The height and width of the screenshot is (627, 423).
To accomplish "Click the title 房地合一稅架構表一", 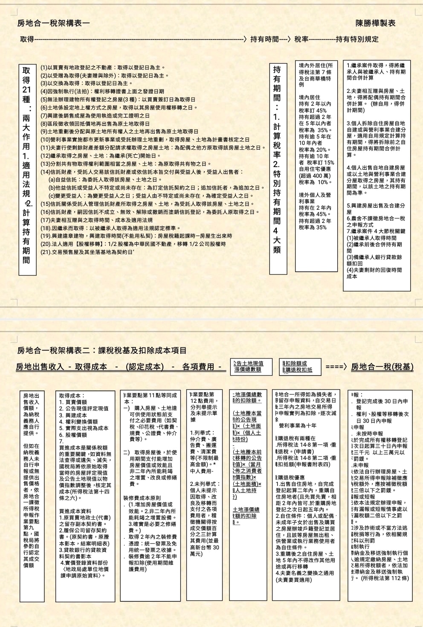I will coord(53,23).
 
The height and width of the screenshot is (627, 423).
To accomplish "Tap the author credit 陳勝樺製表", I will coord(375,23).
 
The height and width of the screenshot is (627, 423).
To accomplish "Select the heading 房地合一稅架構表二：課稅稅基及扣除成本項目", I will coord(102,350).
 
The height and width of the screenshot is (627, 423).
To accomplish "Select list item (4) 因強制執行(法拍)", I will coord(102,91).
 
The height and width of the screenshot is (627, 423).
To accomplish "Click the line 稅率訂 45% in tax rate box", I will coord(313,110).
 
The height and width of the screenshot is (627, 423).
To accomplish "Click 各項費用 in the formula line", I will coord(199,367).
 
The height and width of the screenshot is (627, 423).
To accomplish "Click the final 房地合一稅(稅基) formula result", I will coord(382,367).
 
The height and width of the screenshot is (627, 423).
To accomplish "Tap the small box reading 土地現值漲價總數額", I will coord(249,366).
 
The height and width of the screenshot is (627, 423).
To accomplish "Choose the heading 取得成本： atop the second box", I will coord(72,396).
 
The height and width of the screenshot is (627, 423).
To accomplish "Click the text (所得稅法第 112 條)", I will coord(385,578).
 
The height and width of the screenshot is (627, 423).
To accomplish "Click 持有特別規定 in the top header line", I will coord(357,39).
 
